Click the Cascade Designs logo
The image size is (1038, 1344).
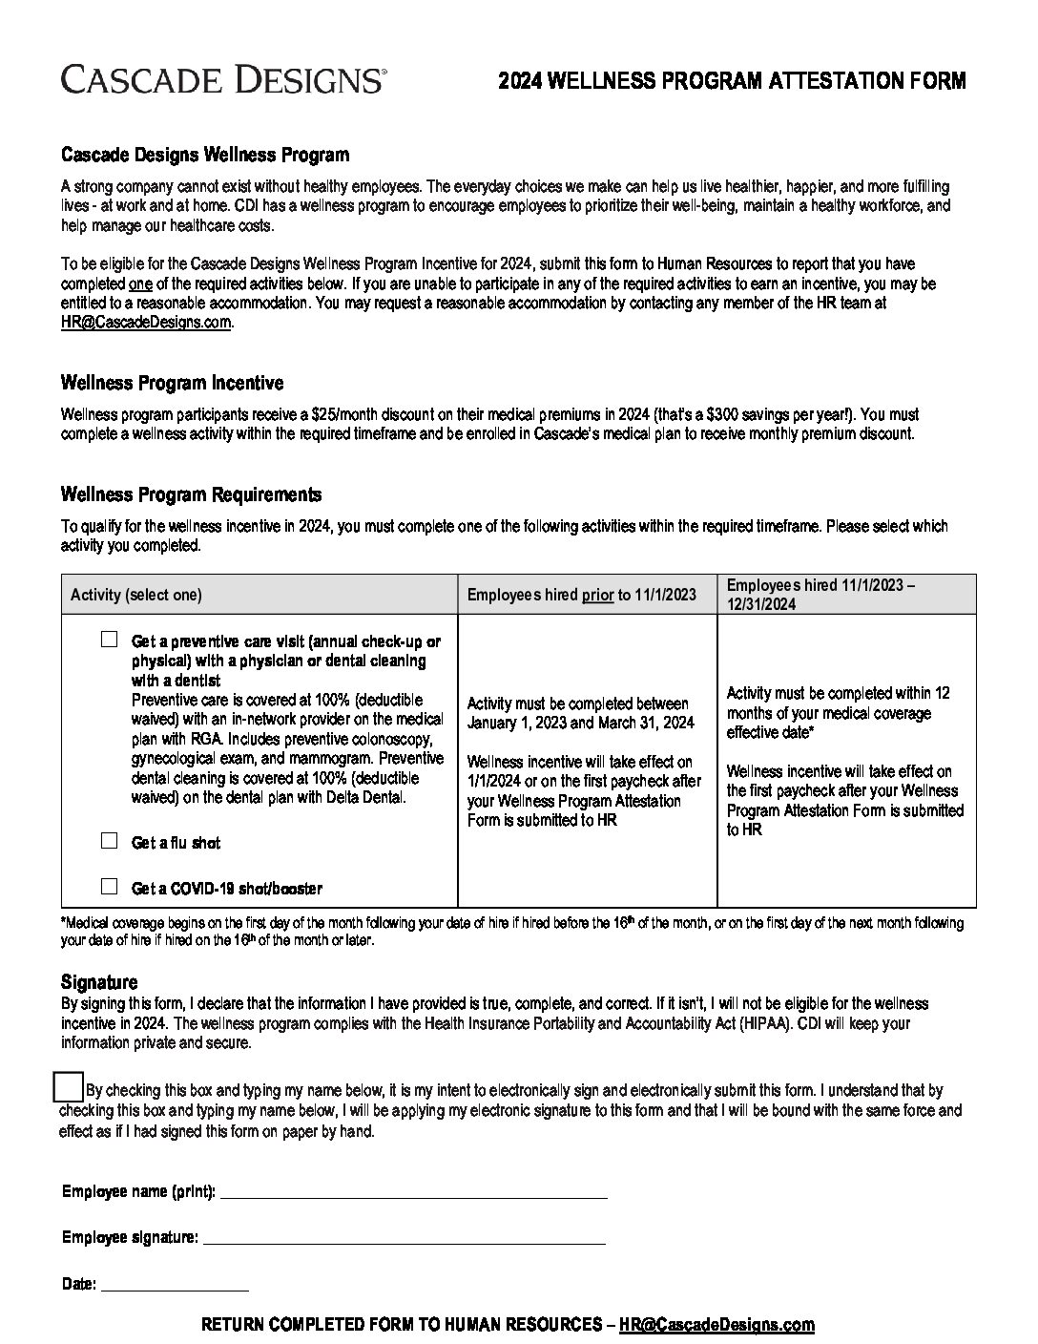coord(223,79)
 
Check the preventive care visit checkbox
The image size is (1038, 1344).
coord(110,640)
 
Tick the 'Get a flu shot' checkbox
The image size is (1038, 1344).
coord(110,841)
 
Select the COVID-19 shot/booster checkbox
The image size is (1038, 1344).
coord(110,887)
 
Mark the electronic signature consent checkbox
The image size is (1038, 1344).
coord(69,1087)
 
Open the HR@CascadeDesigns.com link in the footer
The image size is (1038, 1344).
coord(716,1325)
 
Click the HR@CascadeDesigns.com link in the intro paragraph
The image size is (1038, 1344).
coord(146,323)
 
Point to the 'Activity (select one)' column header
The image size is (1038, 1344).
coord(136,595)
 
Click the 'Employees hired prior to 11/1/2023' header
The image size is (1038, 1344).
coord(581,595)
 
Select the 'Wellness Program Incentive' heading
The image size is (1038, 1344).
coord(172,383)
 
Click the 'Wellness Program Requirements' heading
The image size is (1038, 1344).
coord(191,494)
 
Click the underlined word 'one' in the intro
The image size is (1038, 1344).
coord(140,283)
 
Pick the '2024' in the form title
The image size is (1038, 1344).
coord(520,81)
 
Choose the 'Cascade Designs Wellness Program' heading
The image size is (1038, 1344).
coord(205,155)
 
